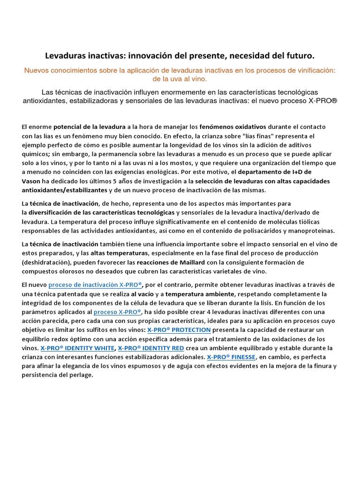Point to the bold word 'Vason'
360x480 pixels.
click(x=31, y=181)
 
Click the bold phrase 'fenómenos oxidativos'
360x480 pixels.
click(x=232, y=127)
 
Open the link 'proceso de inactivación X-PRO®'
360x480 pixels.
click(x=95, y=285)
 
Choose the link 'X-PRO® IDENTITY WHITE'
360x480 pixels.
click(x=77, y=348)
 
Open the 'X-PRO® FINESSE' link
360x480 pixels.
click(x=231, y=357)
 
